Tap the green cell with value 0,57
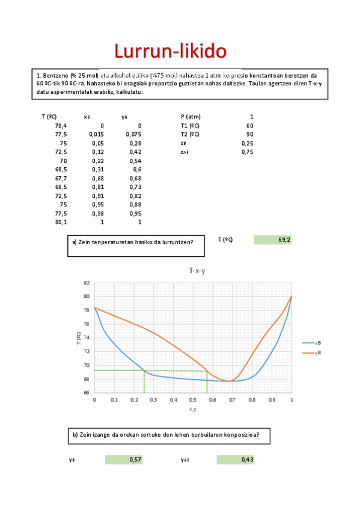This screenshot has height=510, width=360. click(x=124, y=459)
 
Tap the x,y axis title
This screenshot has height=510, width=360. click(x=193, y=409)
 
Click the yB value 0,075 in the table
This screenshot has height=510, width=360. click(x=133, y=135)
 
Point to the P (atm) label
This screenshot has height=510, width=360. click(x=191, y=117)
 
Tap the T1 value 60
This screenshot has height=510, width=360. click(x=249, y=126)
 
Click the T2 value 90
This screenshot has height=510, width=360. click(x=249, y=134)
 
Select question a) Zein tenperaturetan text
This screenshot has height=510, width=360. click(x=132, y=242)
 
